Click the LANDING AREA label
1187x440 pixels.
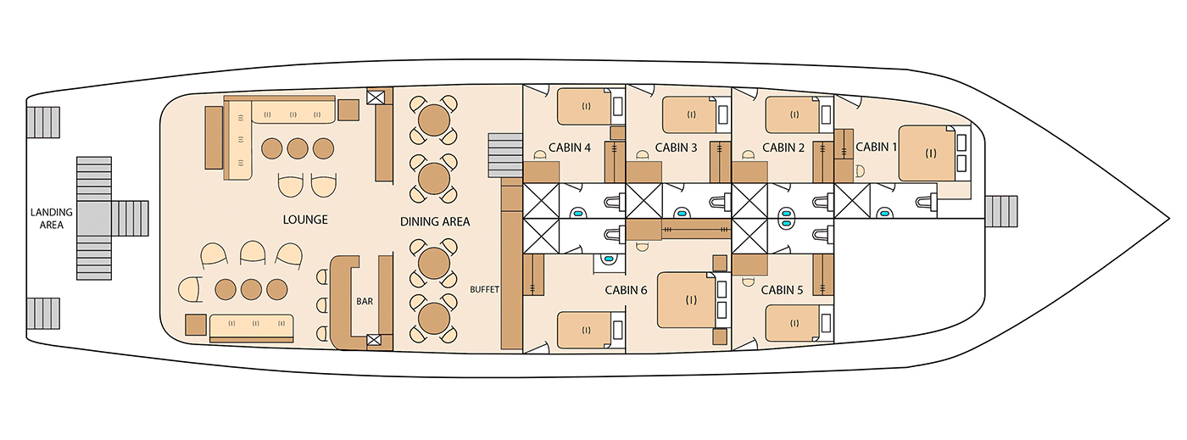pos(52,219)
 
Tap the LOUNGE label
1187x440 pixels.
pos(305,220)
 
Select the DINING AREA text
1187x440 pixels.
pos(435,221)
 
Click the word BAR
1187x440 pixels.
pos(365,301)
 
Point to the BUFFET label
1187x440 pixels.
pos(484,289)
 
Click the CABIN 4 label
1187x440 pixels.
pos(570,148)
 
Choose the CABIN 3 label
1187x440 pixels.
pos(677,148)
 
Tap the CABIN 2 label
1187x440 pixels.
pos(783,148)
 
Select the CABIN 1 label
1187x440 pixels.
pos(876,147)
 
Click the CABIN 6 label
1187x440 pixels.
pos(626,290)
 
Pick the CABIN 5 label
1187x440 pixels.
pos(782,290)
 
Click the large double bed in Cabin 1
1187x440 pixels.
pos(928,153)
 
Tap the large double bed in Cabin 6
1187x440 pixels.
pos(687,300)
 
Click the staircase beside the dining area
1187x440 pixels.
pos(505,155)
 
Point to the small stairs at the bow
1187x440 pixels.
pos(1001,211)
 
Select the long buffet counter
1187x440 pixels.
pos(512,264)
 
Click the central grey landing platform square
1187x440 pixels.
pos(94,218)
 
